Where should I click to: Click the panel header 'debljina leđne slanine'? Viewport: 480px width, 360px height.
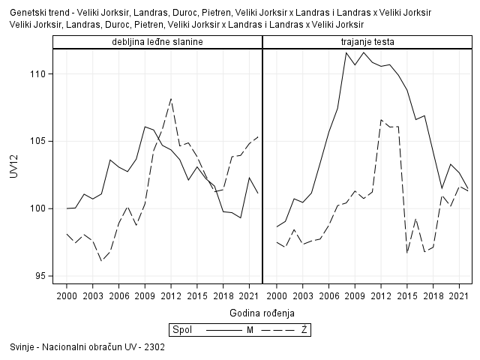pyautogui.click(x=157, y=41)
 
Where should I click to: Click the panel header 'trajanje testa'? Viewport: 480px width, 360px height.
pyautogui.click(x=367, y=41)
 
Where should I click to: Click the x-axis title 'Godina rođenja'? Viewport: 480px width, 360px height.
pyautogui.click(x=262, y=312)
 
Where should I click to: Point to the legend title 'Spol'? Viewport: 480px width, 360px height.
pyautogui.click(x=181, y=329)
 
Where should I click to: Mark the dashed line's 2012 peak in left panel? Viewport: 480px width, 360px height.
pyautogui.click(x=171, y=98)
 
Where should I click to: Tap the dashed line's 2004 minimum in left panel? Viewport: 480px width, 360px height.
pyautogui.click(x=101, y=260)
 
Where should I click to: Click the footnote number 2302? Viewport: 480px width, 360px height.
pyautogui.click(x=155, y=348)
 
